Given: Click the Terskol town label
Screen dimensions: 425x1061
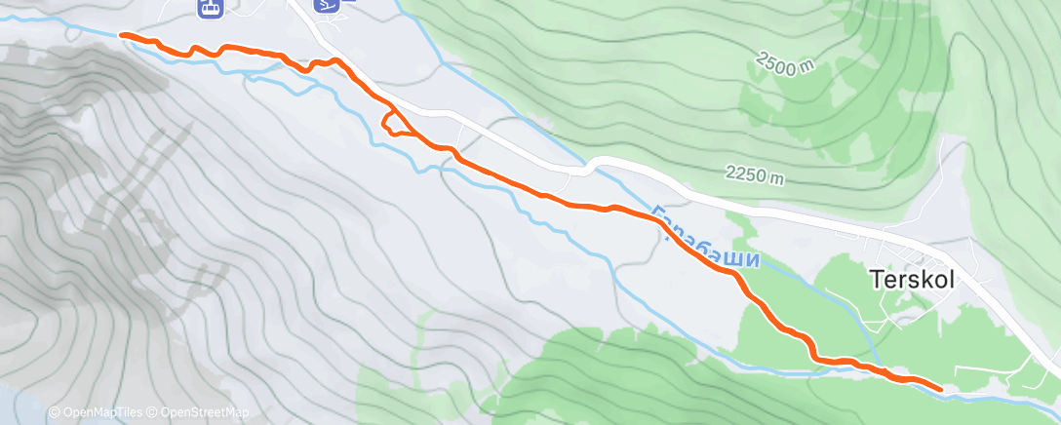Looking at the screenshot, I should pos(910,279).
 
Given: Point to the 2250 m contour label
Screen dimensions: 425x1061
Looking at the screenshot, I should pos(755,176).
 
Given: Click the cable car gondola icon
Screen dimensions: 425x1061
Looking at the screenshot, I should pos(209,8).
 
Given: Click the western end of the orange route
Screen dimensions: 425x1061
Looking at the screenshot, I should pos(122,35).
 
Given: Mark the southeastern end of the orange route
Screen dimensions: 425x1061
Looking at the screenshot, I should pos(940,389).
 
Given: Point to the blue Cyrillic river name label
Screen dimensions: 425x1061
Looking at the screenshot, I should pos(704,239).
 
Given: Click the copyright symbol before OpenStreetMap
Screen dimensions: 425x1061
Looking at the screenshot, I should pos(154,413).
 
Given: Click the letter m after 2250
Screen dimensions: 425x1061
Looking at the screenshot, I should pos(777,179).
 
